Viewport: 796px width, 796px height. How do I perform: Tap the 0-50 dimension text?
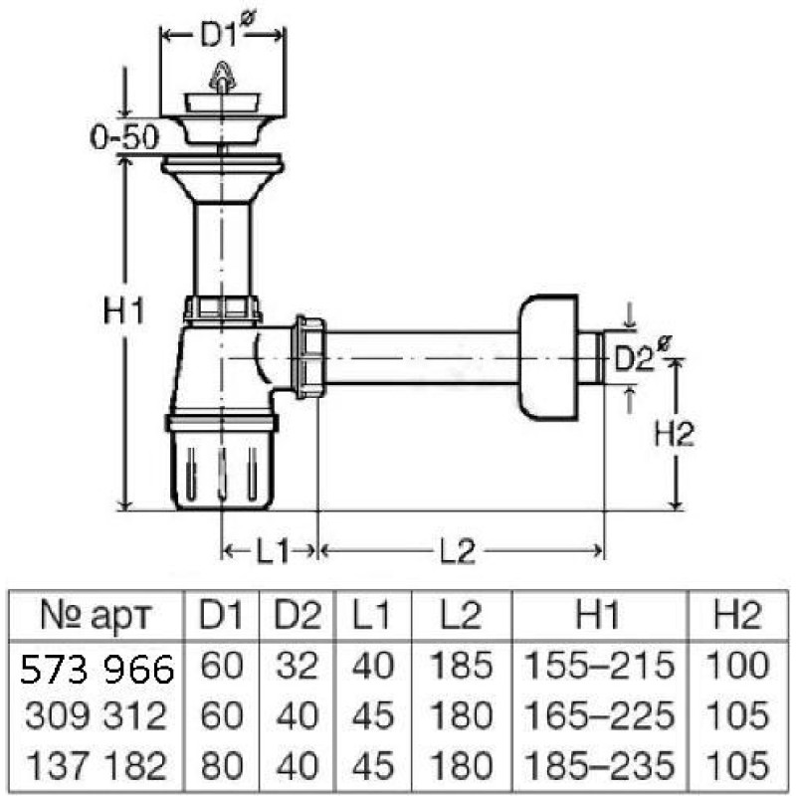[x=124, y=136]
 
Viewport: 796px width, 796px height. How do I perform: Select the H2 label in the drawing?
[x=674, y=433]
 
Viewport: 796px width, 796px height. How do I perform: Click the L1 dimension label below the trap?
[x=273, y=551]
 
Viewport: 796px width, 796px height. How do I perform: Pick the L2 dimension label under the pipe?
[x=458, y=551]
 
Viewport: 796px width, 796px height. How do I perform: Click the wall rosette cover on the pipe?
[x=548, y=358]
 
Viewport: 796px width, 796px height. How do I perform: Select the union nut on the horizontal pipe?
[x=308, y=357]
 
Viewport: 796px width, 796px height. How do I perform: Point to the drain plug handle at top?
[x=222, y=77]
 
